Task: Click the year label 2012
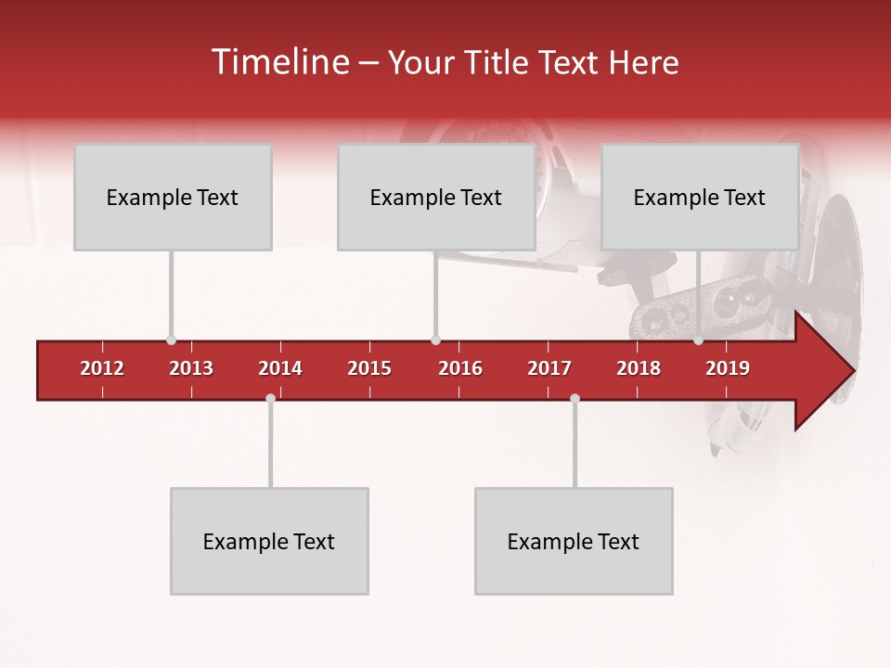point(102,368)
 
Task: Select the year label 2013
point(191,368)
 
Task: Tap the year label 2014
point(280,368)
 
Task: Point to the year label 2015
point(369,368)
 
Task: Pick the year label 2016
point(460,368)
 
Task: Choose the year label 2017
point(549,368)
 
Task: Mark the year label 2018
point(639,368)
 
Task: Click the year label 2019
point(728,368)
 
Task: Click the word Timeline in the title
point(278,62)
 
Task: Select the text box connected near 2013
point(173,197)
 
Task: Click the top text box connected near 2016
point(436,197)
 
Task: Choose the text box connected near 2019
point(700,197)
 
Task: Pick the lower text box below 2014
point(269,541)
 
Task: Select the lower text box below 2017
point(574,541)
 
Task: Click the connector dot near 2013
point(171,340)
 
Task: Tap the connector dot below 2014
point(270,399)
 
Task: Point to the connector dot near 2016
point(435,340)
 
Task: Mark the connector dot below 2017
point(575,399)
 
